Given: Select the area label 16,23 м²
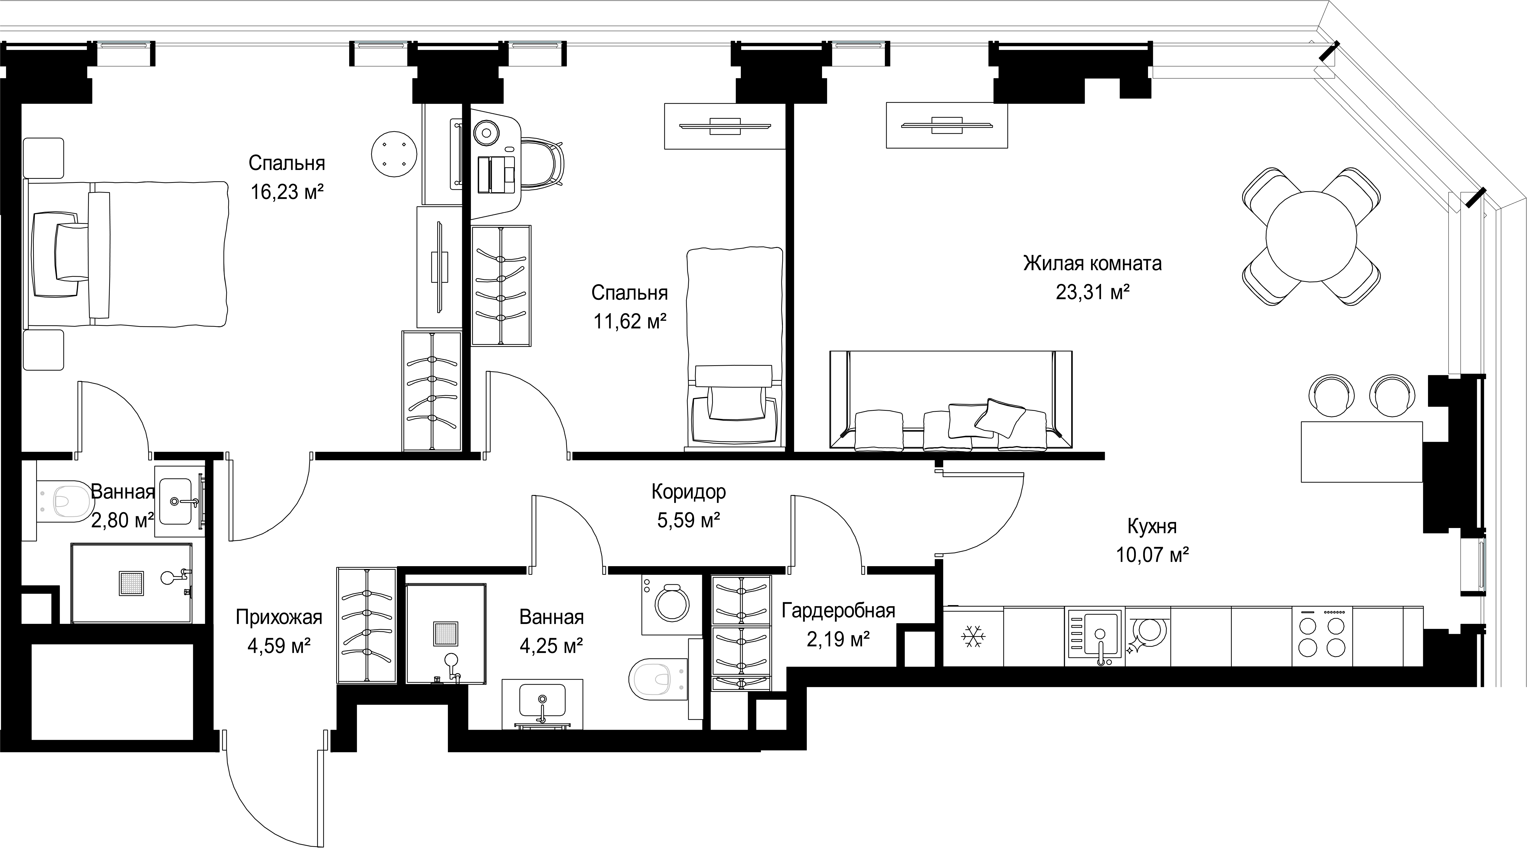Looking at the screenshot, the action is click(x=287, y=192).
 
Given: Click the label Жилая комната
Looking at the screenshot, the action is click(x=1093, y=263).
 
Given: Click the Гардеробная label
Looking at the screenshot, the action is click(x=838, y=610).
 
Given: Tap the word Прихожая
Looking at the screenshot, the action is click(x=279, y=617).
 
